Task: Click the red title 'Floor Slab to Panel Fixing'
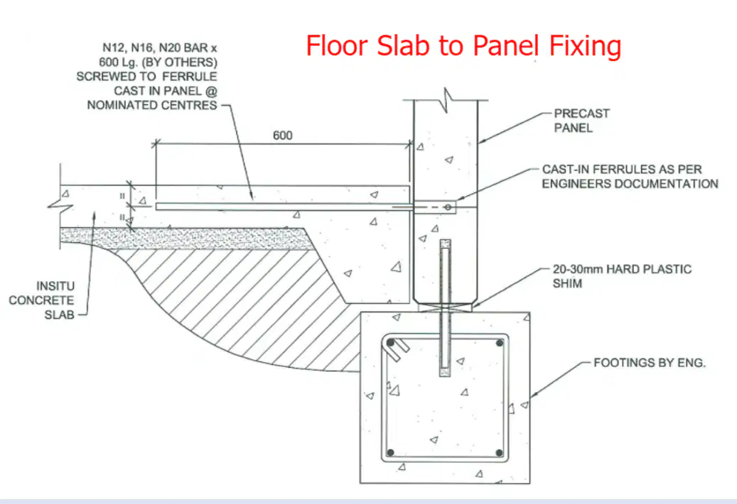tap(463, 46)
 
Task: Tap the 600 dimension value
tap(282, 135)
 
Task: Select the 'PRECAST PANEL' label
tap(581, 121)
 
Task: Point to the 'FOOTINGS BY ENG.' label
tap(650, 363)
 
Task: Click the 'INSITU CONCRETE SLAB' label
tap(41, 300)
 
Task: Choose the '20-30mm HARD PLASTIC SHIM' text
tap(622, 276)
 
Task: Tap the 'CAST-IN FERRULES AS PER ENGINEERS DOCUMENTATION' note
tap(630, 176)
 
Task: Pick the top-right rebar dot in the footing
tap(500, 343)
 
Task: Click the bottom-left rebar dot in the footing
tap(390, 453)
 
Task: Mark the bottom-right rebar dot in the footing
tap(499, 453)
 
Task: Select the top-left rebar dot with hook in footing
tap(391, 343)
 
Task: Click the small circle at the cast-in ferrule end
tap(448, 207)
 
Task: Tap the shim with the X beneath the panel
tap(445, 308)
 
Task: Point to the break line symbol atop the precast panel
tap(446, 99)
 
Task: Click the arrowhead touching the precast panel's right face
tap(482, 140)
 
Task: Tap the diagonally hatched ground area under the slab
tap(244, 300)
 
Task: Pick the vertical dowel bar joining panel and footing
tap(445, 308)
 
